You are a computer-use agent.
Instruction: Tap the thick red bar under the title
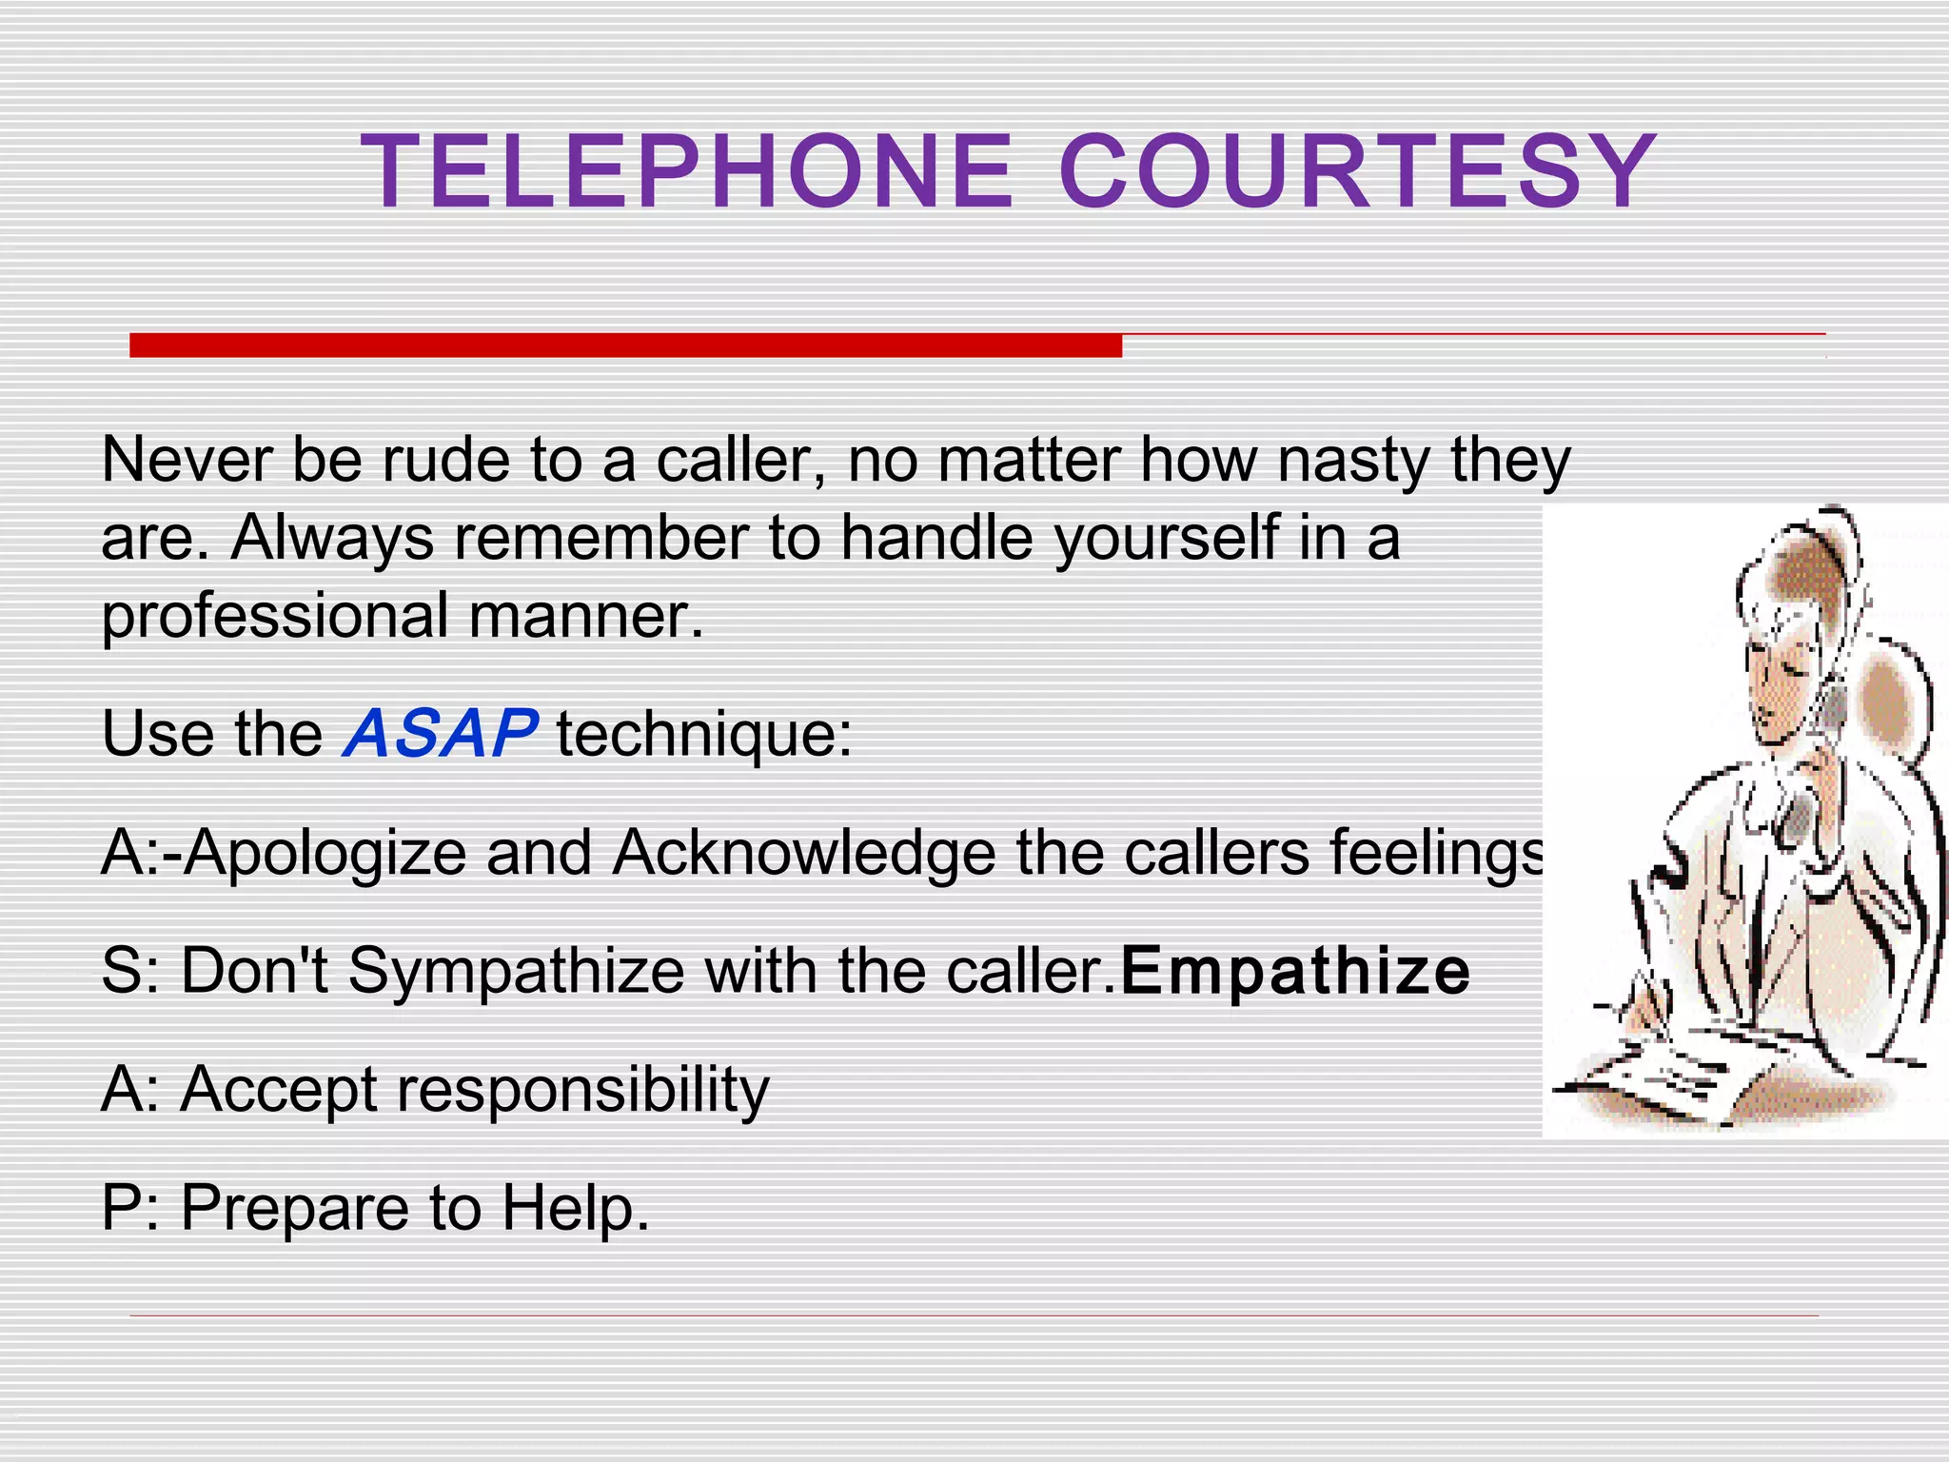coord(625,345)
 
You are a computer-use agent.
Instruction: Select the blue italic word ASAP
coord(440,734)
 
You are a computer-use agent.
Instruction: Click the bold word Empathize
coord(1295,971)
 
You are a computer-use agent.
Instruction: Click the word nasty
coord(1352,462)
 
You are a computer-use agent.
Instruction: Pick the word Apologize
coord(325,854)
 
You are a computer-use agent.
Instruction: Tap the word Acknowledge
coord(803,852)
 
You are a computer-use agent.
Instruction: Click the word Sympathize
coord(517,973)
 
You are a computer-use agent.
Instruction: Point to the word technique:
coord(704,736)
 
